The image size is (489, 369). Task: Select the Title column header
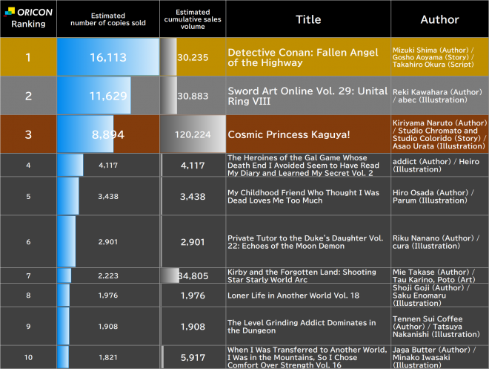click(x=308, y=19)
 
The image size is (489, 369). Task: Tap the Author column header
click(x=439, y=19)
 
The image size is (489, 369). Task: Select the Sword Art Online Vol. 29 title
click(x=307, y=96)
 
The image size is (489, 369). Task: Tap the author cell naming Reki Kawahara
click(x=439, y=96)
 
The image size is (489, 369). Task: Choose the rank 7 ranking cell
click(x=28, y=275)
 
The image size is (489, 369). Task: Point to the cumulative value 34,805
click(x=194, y=276)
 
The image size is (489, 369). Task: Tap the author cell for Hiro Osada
click(x=439, y=196)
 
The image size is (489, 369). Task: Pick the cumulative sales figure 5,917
click(x=193, y=356)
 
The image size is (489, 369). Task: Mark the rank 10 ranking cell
click(x=28, y=356)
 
